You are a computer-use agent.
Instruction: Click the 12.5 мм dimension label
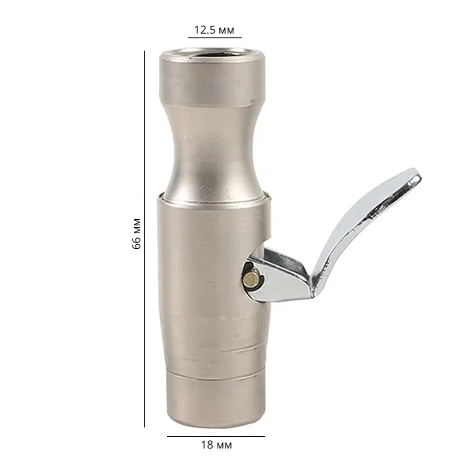[214, 30]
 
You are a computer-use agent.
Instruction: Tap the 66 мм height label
[136, 234]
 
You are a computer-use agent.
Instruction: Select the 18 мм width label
[216, 445]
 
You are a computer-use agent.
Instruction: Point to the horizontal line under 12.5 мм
[214, 38]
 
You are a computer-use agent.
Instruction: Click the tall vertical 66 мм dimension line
[145, 239]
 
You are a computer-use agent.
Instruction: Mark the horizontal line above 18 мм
[216, 436]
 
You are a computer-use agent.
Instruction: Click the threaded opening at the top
[212, 55]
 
